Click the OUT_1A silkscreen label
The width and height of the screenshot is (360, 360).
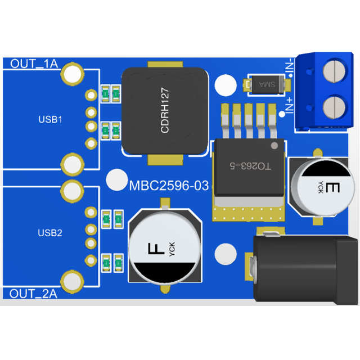[34, 64]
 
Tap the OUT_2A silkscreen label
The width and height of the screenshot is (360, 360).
[33, 294]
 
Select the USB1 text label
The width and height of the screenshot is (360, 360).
[50, 119]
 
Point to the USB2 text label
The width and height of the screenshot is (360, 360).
[50, 233]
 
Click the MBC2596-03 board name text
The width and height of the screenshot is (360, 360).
[169, 186]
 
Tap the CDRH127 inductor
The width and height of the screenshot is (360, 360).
[165, 111]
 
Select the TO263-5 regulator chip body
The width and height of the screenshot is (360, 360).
[249, 168]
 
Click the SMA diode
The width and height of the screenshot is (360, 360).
[267, 84]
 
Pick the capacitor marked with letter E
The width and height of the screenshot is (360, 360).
[323, 188]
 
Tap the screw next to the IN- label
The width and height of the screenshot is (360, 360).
[334, 71]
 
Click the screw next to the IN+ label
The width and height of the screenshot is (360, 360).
[334, 107]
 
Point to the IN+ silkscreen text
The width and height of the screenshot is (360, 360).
[290, 105]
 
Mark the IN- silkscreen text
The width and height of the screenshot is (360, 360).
[290, 66]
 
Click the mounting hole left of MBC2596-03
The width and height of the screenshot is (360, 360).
[117, 180]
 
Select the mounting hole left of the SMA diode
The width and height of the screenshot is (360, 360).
[226, 85]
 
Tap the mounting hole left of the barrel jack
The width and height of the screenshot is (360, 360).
[226, 254]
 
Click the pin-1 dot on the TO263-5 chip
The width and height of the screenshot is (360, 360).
[274, 146]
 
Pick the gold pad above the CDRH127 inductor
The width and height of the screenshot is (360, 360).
[165, 64]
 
